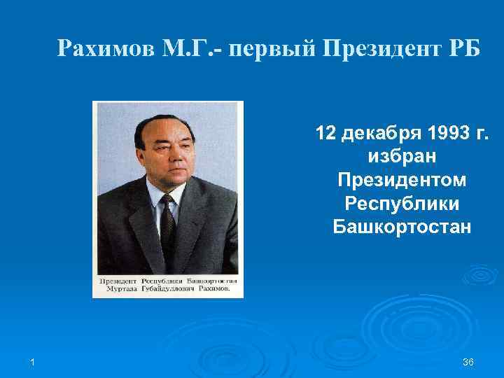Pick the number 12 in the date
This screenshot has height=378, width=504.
coord(326,133)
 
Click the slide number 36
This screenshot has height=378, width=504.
coord(468,360)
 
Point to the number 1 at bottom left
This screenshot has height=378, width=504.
coord(33,360)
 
